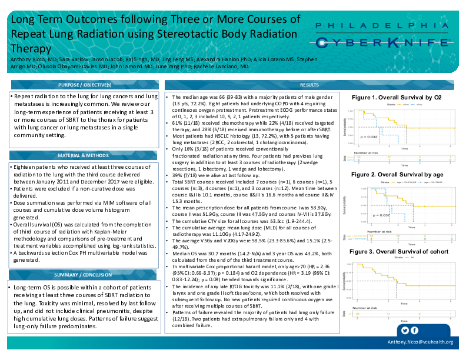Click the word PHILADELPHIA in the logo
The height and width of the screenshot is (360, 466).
coord(382,26)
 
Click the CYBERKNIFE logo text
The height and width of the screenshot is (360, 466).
coord(382,42)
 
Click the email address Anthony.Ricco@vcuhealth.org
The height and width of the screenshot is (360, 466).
coord(420,342)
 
